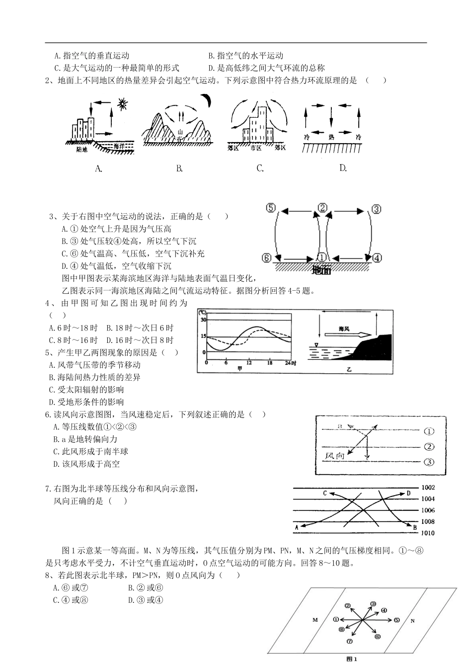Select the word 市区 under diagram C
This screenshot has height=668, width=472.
(256, 148)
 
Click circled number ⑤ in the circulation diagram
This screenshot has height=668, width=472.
(270, 208)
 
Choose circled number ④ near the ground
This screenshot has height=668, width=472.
(377, 258)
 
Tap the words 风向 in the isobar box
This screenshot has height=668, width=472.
(335, 455)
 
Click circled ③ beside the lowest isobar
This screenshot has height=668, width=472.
(428, 462)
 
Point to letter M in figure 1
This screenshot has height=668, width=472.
(315, 620)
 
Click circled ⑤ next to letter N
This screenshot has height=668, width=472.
(396, 620)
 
